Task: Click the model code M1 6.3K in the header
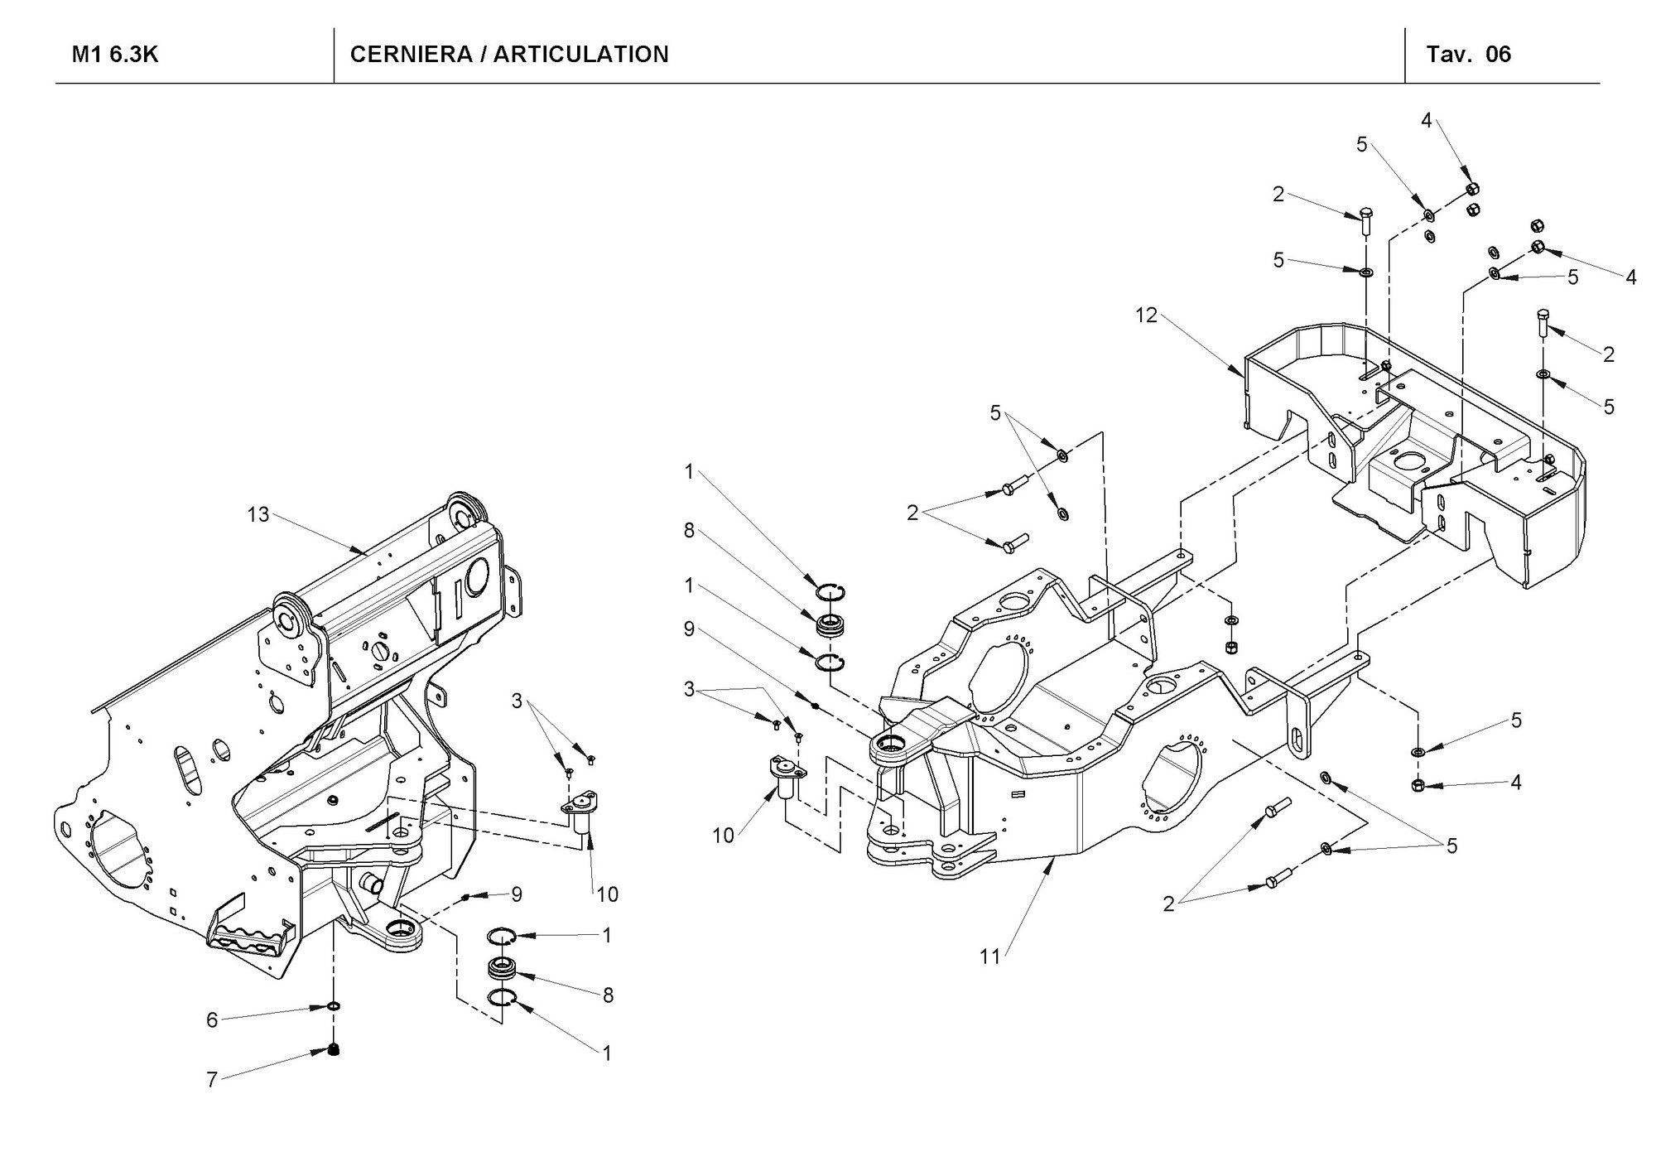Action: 115,55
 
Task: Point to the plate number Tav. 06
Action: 1469,55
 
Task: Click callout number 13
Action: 258,514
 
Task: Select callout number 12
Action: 1147,316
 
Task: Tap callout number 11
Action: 990,957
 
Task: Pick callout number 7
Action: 212,1080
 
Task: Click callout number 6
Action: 212,1020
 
